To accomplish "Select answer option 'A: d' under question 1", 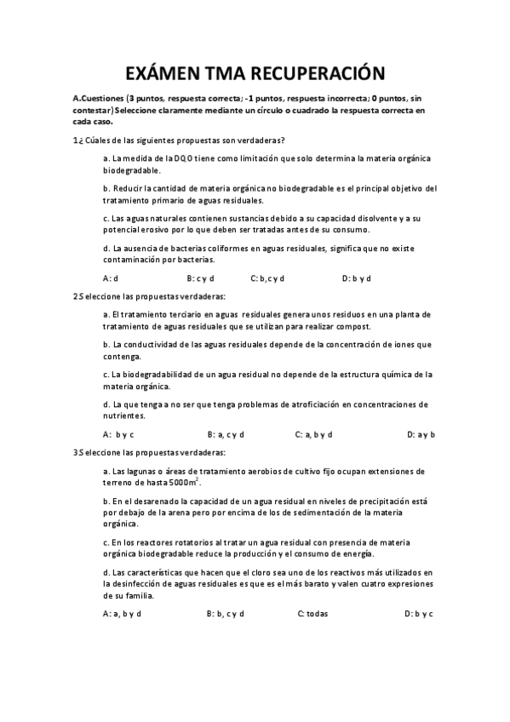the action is click(111, 278).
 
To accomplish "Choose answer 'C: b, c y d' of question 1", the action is click(267, 278).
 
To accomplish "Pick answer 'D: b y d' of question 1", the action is click(357, 278).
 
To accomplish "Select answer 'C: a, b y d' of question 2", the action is click(313, 434).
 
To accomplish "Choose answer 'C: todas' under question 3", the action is click(312, 613).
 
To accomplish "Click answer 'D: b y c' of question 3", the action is click(419, 613).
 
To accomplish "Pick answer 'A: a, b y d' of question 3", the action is click(122, 613).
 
